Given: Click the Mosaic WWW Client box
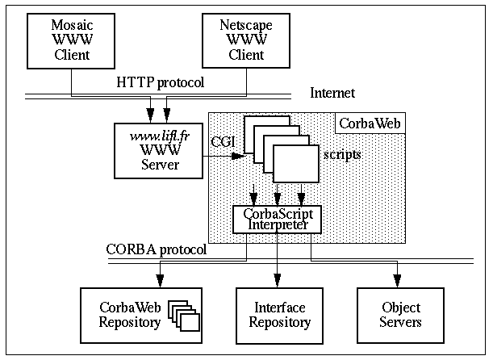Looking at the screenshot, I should click(71, 40).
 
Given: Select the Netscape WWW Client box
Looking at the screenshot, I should click(246, 40).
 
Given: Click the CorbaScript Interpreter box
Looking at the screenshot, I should click(277, 218).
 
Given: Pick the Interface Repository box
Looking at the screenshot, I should click(277, 314).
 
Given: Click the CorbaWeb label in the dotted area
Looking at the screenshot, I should click(370, 123).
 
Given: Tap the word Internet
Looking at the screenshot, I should click(332, 94).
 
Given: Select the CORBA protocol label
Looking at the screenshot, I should click(156, 249).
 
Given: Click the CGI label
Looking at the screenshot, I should click(222, 143).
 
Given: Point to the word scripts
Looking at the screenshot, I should click(341, 153).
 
